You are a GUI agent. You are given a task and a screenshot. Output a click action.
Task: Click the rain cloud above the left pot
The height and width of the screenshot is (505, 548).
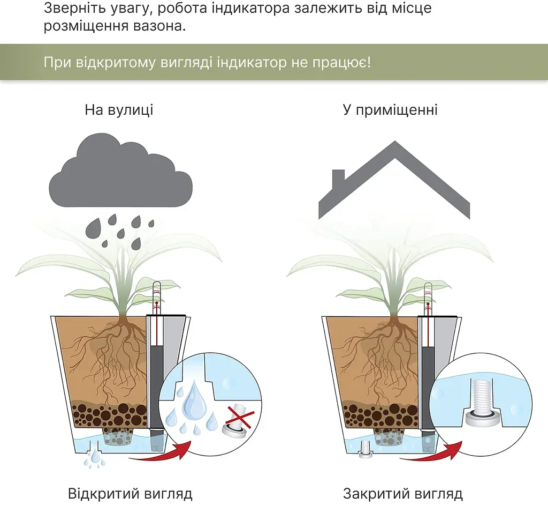(x=120, y=172)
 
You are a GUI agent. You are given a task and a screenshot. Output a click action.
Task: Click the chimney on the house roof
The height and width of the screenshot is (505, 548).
(x=338, y=179)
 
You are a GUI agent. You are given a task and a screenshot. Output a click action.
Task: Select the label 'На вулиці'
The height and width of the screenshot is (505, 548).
(x=119, y=110)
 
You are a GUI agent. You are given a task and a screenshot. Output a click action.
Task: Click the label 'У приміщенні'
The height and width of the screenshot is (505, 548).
(x=390, y=110)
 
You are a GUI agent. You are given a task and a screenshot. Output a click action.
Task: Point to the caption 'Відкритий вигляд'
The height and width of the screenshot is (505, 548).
(x=130, y=494)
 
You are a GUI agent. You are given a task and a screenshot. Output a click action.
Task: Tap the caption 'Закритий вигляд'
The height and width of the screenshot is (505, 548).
(x=402, y=494)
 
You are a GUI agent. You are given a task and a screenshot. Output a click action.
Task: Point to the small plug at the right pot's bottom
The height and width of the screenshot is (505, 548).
(x=365, y=450)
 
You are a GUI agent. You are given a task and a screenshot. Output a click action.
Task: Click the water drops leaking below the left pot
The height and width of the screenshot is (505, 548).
(x=94, y=459)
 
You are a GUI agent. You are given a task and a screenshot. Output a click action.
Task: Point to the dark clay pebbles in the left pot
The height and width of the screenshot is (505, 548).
(x=109, y=414)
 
